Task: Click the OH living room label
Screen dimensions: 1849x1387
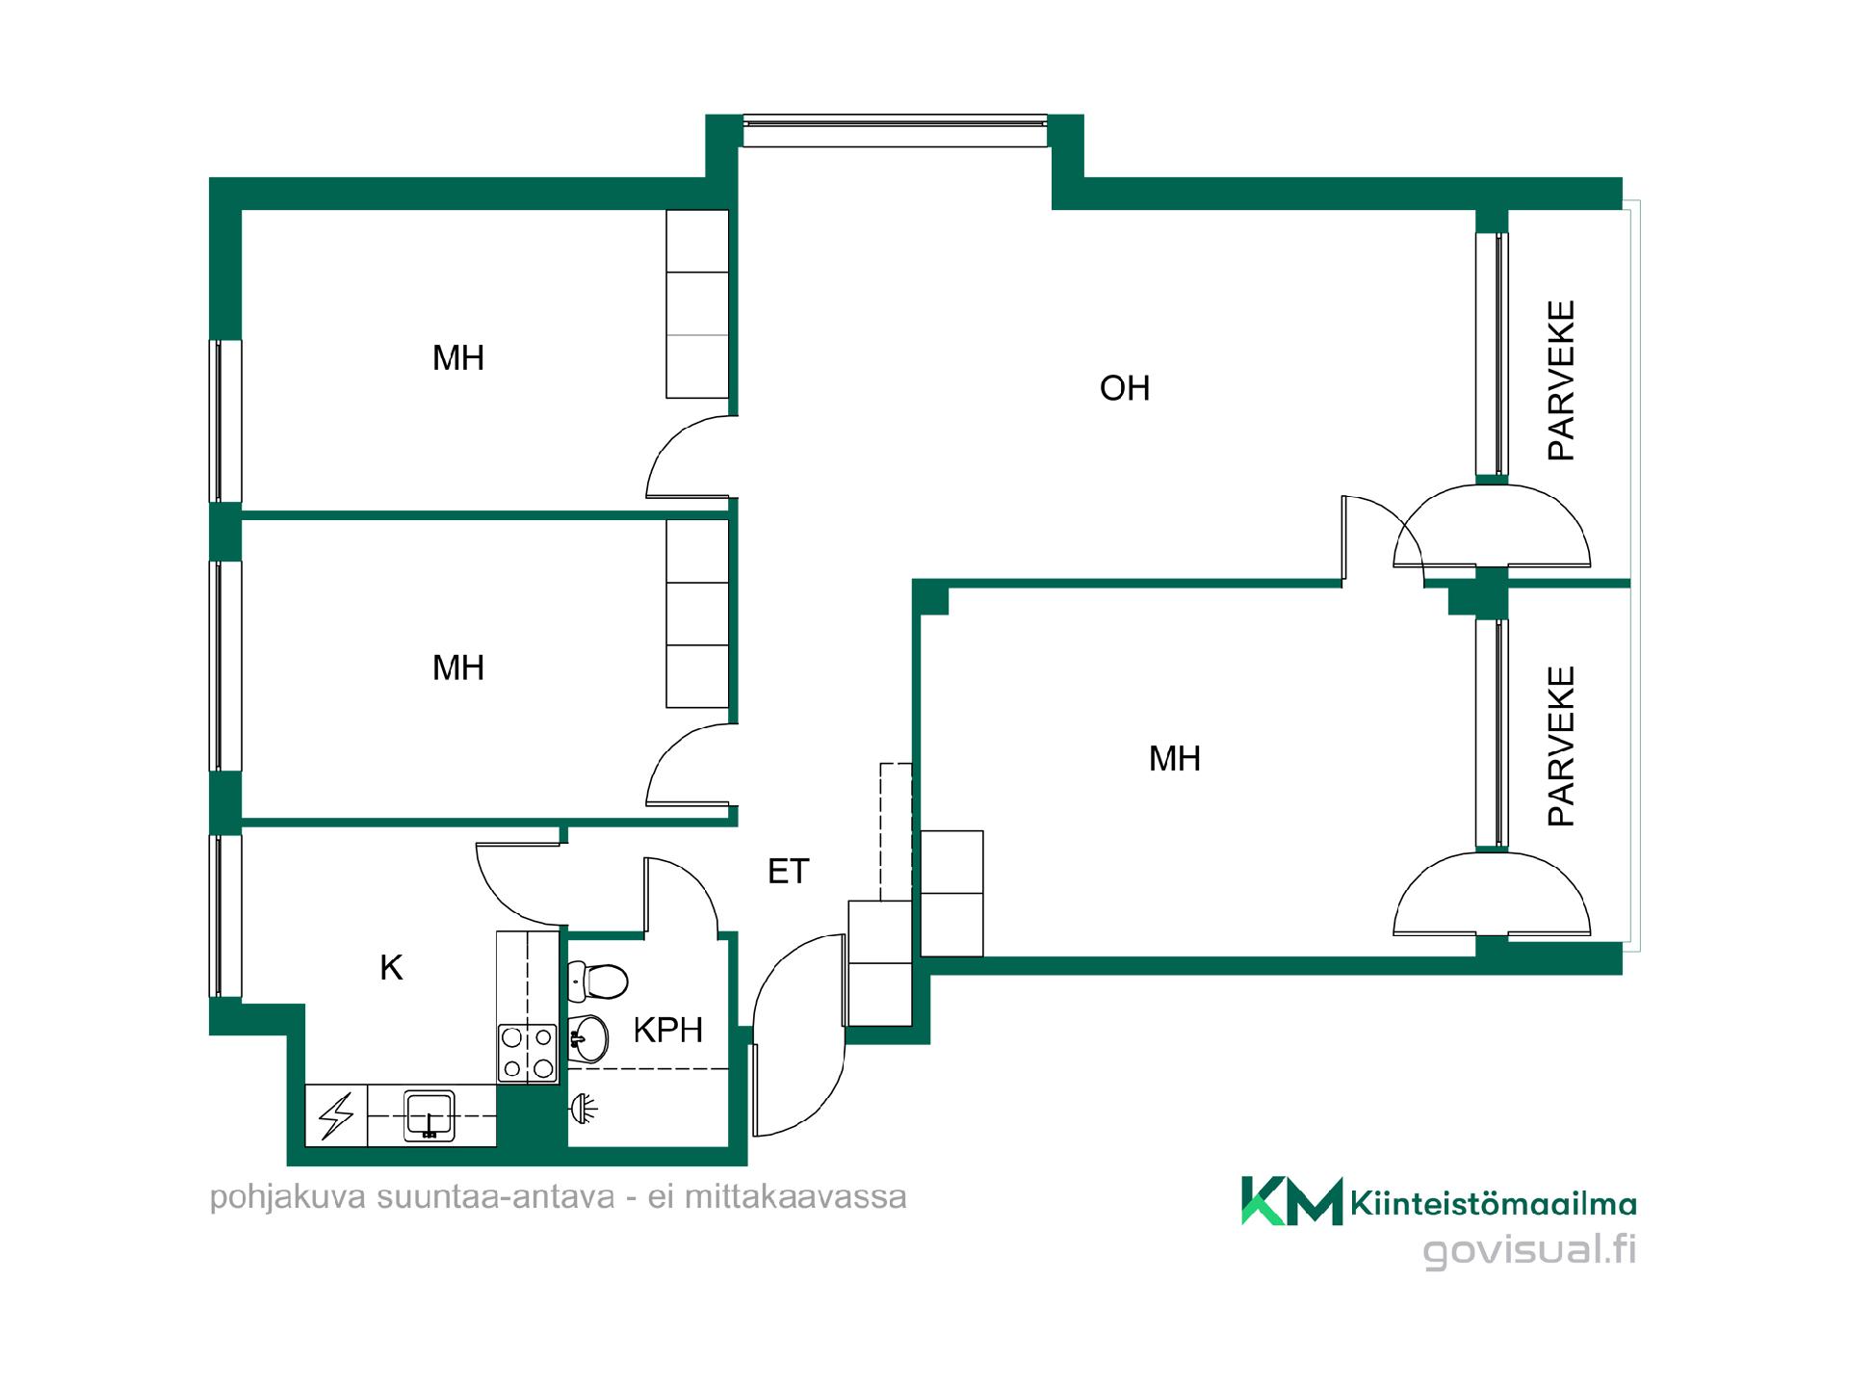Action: (1125, 388)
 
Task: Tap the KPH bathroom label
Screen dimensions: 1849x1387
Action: (667, 1031)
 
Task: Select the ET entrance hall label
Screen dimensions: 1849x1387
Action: (788, 872)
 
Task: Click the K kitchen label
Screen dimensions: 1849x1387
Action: (391, 968)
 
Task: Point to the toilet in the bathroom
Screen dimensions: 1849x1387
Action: (598, 981)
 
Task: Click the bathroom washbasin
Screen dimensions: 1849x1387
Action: (588, 1037)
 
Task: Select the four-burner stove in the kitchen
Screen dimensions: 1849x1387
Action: (528, 1053)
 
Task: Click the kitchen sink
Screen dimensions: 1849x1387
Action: (430, 1115)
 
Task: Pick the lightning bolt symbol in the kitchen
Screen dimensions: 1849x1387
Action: (336, 1116)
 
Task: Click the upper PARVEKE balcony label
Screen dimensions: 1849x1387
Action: (1561, 380)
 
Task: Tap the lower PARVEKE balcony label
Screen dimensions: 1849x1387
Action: (1561, 746)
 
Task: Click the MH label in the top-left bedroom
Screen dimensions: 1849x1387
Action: (458, 358)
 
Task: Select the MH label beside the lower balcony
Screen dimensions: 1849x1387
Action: (1175, 759)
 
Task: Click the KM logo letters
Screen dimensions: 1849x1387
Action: (1291, 1200)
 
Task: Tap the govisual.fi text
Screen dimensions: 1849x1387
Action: (1530, 1251)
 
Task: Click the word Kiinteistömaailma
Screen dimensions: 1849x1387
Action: (1494, 1203)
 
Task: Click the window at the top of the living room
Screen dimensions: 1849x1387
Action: (895, 131)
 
